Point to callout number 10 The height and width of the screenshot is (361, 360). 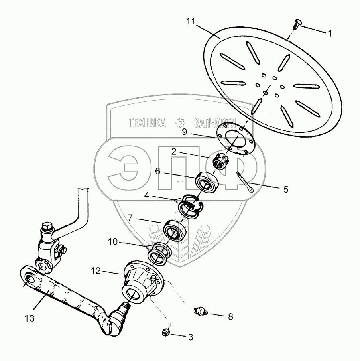point(113,242)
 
